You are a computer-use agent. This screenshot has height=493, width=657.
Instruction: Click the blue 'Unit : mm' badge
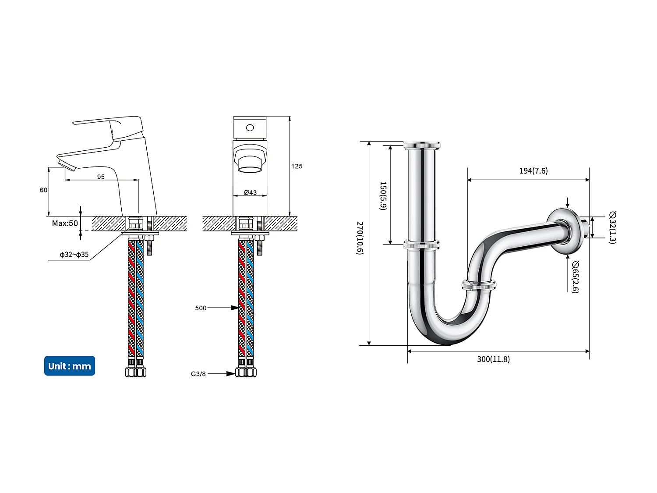[x=69, y=366]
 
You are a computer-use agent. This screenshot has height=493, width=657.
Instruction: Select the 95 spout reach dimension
[x=101, y=177]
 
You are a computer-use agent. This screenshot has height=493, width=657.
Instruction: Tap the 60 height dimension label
[x=43, y=190]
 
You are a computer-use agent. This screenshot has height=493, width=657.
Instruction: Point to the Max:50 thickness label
[x=65, y=223]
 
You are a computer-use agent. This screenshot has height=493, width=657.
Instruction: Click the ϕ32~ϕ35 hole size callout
[x=74, y=255]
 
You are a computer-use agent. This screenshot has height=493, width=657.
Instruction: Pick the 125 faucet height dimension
[x=297, y=166]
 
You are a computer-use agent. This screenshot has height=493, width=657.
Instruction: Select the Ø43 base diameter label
[x=250, y=192]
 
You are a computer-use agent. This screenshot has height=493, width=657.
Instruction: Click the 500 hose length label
[x=201, y=308]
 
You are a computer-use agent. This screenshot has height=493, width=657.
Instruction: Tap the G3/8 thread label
[x=198, y=374]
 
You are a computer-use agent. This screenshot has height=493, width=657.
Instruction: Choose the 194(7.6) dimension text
[x=533, y=171]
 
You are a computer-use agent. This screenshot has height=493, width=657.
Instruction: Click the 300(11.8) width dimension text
[x=493, y=359]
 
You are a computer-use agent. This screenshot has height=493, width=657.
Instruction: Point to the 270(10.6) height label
[x=360, y=238]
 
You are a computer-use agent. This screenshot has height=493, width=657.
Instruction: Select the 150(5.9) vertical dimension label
[x=383, y=196]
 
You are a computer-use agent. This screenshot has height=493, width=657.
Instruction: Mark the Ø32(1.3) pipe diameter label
[x=612, y=227]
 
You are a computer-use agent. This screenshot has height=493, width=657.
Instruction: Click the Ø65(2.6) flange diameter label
[x=575, y=277]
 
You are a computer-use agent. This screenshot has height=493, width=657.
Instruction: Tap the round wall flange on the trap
[x=565, y=231]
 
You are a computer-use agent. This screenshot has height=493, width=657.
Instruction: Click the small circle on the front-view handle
[x=250, y=128]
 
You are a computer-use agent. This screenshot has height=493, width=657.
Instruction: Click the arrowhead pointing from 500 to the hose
[x=234, y=308]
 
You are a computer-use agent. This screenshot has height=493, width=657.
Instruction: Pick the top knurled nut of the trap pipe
[x=422, y=145]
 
